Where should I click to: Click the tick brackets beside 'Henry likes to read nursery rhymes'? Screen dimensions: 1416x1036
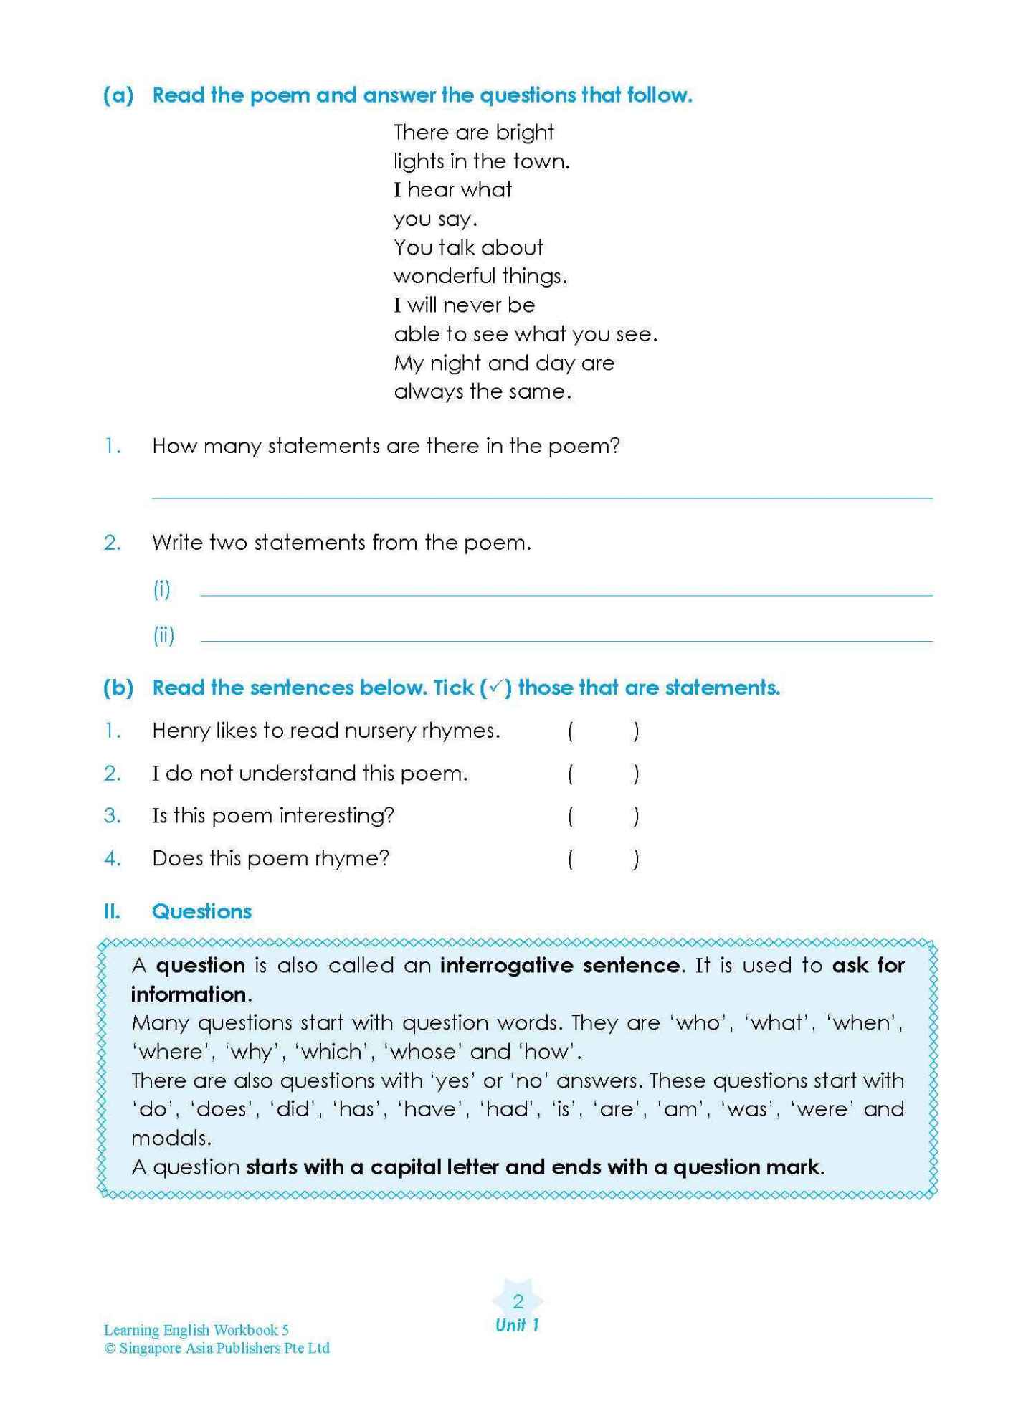tap(602, 731)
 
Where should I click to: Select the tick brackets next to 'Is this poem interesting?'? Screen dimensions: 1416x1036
tap(602, 816)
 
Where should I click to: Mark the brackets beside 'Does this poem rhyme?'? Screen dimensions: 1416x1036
tap(602, 858)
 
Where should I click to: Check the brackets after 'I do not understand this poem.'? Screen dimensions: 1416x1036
tap(602, 774)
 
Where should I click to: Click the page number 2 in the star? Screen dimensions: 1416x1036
tap(518, 1301)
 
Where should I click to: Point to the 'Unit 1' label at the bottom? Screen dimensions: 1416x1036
tap(517, 1325)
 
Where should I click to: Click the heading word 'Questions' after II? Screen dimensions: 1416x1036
tap(201, 911)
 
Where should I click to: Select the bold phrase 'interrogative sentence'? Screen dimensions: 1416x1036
tap(559, 966)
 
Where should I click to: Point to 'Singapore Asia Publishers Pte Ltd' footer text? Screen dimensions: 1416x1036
tap(224, 1348)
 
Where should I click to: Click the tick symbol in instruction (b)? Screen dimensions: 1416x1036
tap(495, 688)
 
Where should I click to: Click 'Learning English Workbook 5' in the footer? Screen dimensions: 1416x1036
tap(196, 1330)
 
